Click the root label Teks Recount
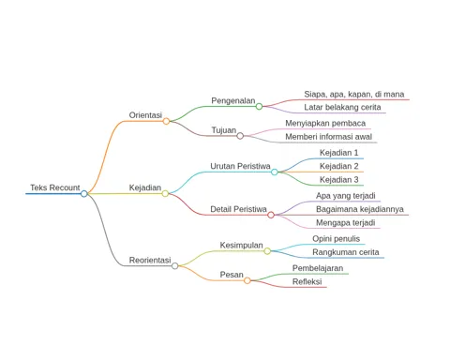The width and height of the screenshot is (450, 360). [55, 187]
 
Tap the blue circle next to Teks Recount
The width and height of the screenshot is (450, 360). [83, 194]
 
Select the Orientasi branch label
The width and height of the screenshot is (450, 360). [145, 115]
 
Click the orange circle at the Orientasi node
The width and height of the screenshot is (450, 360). [166, 121]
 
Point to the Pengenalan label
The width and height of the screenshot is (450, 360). [233, 101]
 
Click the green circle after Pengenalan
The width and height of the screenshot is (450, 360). [259, 106]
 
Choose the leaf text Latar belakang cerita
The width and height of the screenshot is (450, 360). [342, 107]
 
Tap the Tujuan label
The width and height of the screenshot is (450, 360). [224, 130]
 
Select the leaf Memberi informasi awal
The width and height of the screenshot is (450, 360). [328, 137]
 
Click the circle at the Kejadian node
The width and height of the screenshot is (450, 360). [165, 193]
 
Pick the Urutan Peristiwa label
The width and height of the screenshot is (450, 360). [240, 166]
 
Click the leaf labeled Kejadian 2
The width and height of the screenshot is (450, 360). [338, 166]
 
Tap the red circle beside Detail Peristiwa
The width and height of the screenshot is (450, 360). [271, 215]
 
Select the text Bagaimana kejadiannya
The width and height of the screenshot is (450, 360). [360, 209]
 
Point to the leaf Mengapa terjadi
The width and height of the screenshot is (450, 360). [345, 223]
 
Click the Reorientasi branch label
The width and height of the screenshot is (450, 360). [150, 260]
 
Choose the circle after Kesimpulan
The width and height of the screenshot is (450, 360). [267, 251]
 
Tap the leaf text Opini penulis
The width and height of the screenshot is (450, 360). [336, 239]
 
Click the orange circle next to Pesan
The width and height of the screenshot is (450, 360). [247, 280]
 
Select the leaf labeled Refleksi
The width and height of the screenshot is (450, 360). [307, 281]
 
